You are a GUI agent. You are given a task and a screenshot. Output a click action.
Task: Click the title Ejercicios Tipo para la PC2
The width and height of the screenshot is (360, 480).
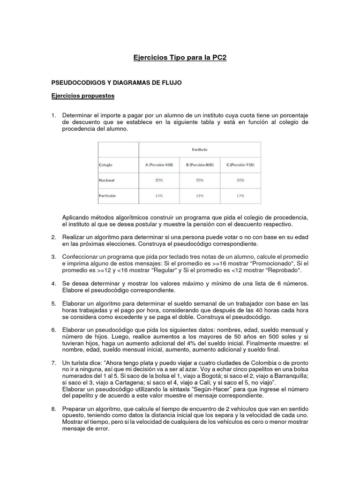click(x=180, y=58)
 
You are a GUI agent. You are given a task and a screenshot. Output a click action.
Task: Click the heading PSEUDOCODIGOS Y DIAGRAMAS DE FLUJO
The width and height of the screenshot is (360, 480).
click(x=116, y=82)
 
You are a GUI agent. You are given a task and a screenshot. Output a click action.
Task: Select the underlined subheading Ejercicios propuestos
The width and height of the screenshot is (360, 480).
click(x=82, y=96)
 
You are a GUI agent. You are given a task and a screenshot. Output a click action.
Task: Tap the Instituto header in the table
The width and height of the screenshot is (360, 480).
click(x=199, y=150)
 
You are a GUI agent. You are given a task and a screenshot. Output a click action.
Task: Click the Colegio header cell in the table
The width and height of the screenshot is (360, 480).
click(x=105, y=165)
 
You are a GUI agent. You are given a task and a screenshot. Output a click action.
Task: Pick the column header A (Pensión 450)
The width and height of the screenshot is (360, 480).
click(x=159, y=165)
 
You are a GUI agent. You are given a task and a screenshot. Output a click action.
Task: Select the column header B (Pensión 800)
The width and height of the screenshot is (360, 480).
click(x=200, y=165)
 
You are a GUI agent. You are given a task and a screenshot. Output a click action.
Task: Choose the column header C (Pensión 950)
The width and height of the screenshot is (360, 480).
click(x=240, y=165)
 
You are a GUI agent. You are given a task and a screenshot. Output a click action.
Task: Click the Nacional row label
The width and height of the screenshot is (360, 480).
click(x=106, y=180)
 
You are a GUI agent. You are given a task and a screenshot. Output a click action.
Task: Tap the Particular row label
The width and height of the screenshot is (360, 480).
click(x=107, y=195)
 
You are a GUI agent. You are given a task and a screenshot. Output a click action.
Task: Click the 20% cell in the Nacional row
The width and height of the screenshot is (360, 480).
click(x=159, y=180)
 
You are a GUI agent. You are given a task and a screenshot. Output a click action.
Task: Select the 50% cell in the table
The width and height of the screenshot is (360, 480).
click(x=200, y=180)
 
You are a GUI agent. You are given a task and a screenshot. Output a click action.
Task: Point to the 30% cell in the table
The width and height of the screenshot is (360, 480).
click(x=240, y=180)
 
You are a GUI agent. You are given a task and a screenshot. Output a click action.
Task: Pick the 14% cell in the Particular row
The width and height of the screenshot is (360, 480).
click(x=159, y=195)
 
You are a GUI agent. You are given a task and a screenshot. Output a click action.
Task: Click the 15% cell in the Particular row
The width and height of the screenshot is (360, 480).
click(x=200, y=195)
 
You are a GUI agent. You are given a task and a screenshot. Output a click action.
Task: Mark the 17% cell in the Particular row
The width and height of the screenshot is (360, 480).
click(x=240, y=195)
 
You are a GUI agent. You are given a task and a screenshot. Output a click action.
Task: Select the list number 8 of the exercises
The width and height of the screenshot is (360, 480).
click(x=53, y=409)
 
